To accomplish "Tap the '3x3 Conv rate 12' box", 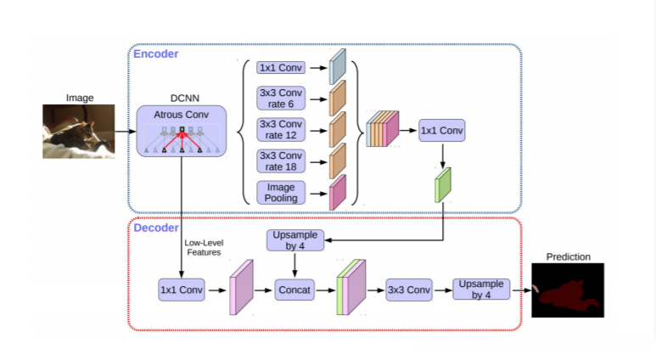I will [281, 129].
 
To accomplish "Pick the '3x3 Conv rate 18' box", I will [281, 160].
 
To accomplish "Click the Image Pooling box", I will [281, 191].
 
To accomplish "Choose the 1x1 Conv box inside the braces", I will [281, 67].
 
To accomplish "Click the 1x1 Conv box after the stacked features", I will [442, 130].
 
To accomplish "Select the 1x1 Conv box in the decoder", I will [182, 289].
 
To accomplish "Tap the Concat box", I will [294, 289].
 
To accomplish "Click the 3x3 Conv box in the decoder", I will [408, 289].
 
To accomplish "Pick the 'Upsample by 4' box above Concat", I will [294, 239].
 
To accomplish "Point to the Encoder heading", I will [155, 53].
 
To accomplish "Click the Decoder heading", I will [156, 228].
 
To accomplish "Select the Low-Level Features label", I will [202, 247].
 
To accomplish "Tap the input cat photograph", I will [78, 131].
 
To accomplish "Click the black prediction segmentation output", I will [567, 290].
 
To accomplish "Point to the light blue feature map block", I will [339, 66].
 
